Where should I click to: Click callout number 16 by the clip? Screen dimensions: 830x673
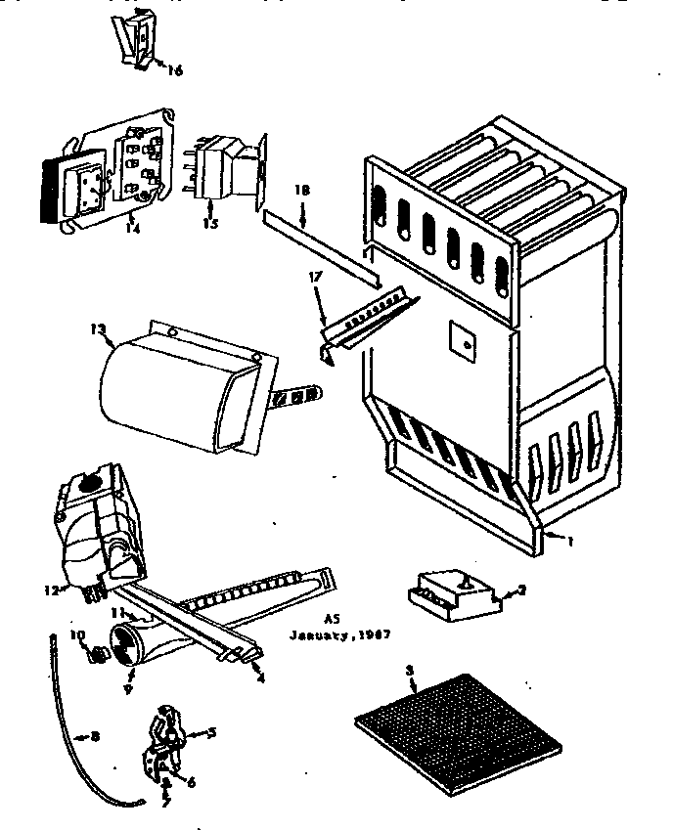tap(175, 70)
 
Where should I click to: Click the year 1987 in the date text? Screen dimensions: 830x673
tap(373, 633)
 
